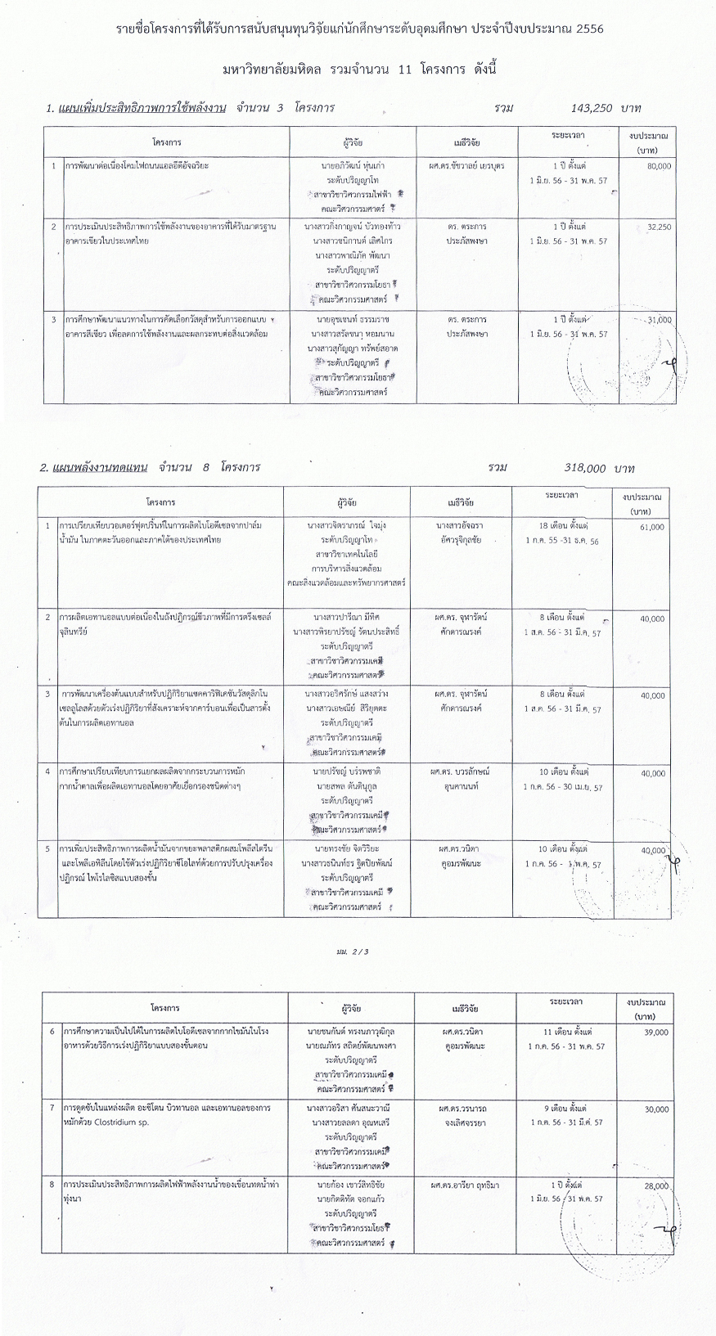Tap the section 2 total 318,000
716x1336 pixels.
click(584, 468)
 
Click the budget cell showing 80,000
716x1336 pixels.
click(658, 165)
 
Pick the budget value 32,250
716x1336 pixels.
click(658, 226)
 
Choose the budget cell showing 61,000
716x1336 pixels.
click(651, 528)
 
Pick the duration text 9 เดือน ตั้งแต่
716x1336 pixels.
click(565, 1107)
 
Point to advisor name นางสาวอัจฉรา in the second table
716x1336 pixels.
click(463, 525)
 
